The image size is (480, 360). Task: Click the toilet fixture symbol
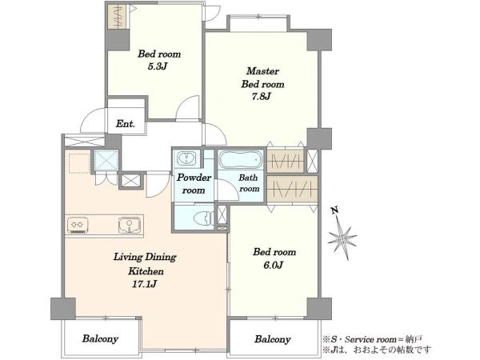click(x=203, y=218)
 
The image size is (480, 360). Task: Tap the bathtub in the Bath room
click(x=241, y=159)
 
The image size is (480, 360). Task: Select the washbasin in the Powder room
click(x=186, y=158)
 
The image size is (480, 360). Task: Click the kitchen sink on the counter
click(x=130, y=225)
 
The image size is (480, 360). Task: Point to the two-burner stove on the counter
click(x=78, y=226)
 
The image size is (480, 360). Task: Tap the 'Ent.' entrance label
click(x=126, y=124)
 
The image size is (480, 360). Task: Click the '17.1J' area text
click(x=144, y=284)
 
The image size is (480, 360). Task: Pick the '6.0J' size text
click(x=274, y=265)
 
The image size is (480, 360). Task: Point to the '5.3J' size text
click(x=157, y=66)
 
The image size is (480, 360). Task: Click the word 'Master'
click(x=262, y=71)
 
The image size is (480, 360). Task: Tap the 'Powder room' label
click(x=194, y=184)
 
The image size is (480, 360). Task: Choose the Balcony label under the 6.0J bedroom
click(x=273, y=339)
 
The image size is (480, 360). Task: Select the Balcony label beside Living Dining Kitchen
click(x=100, y=338)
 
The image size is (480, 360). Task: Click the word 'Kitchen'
click(x=146, y=271)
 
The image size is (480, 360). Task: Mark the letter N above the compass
click(x=335, y=210)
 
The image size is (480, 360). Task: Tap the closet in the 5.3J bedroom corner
click(x=118, y=17)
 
